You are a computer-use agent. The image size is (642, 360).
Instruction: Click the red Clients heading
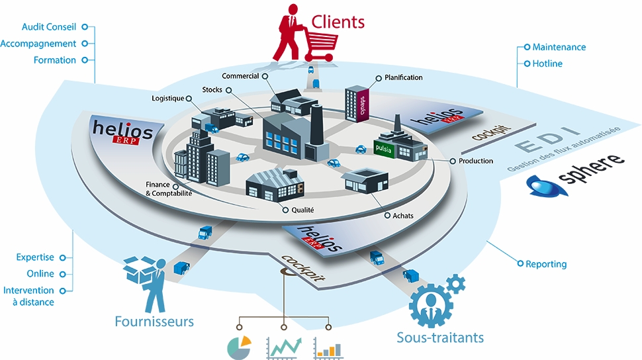[x=338, y=22]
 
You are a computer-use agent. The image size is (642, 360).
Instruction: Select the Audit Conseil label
[x=49, y=27]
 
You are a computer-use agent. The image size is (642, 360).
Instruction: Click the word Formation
[x=55, y=60]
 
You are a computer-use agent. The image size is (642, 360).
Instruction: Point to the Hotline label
[x=547, y=64]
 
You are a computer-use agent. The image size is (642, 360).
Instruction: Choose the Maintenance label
[x=559, y=47]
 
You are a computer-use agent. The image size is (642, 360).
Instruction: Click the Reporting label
[x=546, y=264]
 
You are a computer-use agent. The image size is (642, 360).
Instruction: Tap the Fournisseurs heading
[x=154, y=322]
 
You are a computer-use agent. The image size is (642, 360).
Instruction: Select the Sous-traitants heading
[x=440, y=337]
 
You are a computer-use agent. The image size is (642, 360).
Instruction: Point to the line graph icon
[x=284, y=347]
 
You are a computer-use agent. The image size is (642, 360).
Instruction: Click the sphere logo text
[x=592, y=164]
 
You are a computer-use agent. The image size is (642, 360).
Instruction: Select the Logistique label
[x=168, y=99]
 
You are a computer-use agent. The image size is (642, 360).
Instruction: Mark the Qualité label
[x=302, y=210]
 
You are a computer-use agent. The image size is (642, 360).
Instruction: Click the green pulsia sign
[x=383, y=148]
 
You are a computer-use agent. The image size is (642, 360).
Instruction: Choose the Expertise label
[x=36, y=257]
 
